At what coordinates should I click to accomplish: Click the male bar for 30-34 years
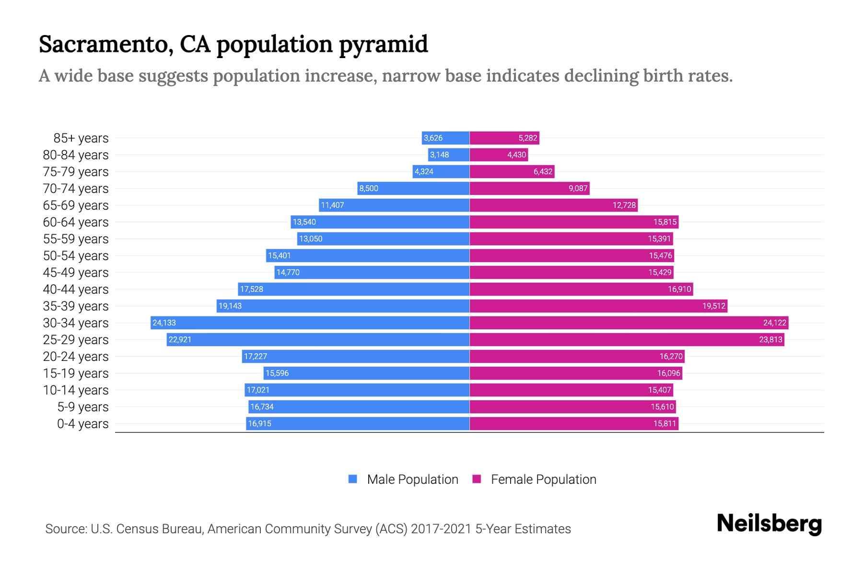(310, 323)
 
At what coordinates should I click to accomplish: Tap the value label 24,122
(774, 323)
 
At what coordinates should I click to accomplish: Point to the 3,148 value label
(439, 155)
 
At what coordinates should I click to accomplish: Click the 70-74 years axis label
(76, 189)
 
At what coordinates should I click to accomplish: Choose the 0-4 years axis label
(82, 424)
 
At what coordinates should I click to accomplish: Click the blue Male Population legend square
(353, 479)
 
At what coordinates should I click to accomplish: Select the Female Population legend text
(543, 479)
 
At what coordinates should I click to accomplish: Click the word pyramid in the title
(383, 44)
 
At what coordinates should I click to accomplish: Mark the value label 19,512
(713, 306)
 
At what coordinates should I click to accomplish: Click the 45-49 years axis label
(76, 273)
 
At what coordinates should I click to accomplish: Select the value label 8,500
(369, 188)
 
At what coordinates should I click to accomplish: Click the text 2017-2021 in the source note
(441, 528)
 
